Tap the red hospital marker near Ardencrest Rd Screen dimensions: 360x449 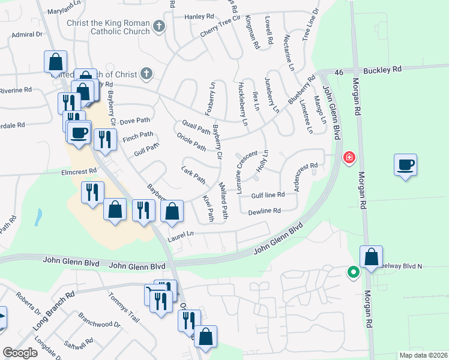coord(348,158)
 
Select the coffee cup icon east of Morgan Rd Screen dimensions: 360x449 coord(405,164)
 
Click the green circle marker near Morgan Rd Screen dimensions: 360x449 coord(354,273)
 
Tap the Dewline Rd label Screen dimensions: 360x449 coord(265,211)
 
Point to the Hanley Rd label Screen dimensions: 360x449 coord(200,17)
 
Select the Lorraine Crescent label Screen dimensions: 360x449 coord(247,173)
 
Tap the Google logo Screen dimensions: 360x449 coord(20,353)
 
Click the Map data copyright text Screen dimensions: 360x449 coord(423,355)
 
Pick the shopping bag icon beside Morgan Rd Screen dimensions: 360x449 coord(372,256)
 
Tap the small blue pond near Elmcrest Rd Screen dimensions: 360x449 coord(39,217)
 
